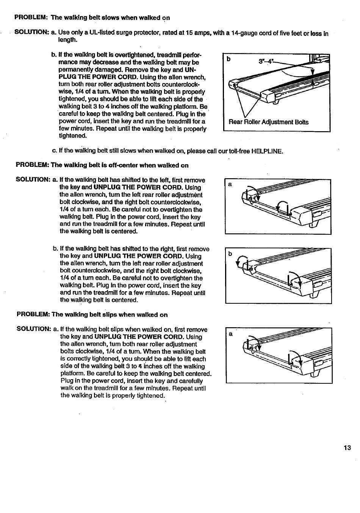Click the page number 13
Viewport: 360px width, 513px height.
(x=347, y=448)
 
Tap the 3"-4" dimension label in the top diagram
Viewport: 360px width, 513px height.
(x=265, y=61)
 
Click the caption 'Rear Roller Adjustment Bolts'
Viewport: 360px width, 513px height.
(x=268, y=122)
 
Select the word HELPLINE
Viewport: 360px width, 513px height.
(x=267, y=151)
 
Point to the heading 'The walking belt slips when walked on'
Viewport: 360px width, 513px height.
(x=110, y=315)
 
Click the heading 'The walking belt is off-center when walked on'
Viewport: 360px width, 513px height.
(x=120, y=165)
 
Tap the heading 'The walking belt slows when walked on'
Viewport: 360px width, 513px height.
(x=110, y=18)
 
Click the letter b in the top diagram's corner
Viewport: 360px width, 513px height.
(x=229, y=59)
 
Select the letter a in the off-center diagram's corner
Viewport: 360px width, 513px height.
(x=229, y=185)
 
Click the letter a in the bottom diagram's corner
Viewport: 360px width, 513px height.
(x=230, y=334)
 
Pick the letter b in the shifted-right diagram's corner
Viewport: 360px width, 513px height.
(x=230, y=254)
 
